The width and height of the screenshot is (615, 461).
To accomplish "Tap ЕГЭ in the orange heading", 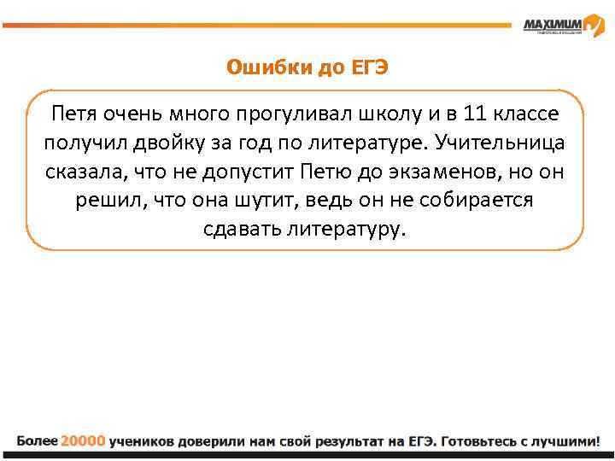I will (x=369, y=67).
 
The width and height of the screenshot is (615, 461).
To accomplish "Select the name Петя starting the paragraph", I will (x=73, y=113).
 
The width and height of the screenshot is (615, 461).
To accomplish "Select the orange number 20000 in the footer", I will (x=84, y=441).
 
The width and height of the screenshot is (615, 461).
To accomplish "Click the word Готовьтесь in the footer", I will (x=480, y=441).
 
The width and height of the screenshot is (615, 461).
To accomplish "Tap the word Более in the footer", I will (x=37, y=441).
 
